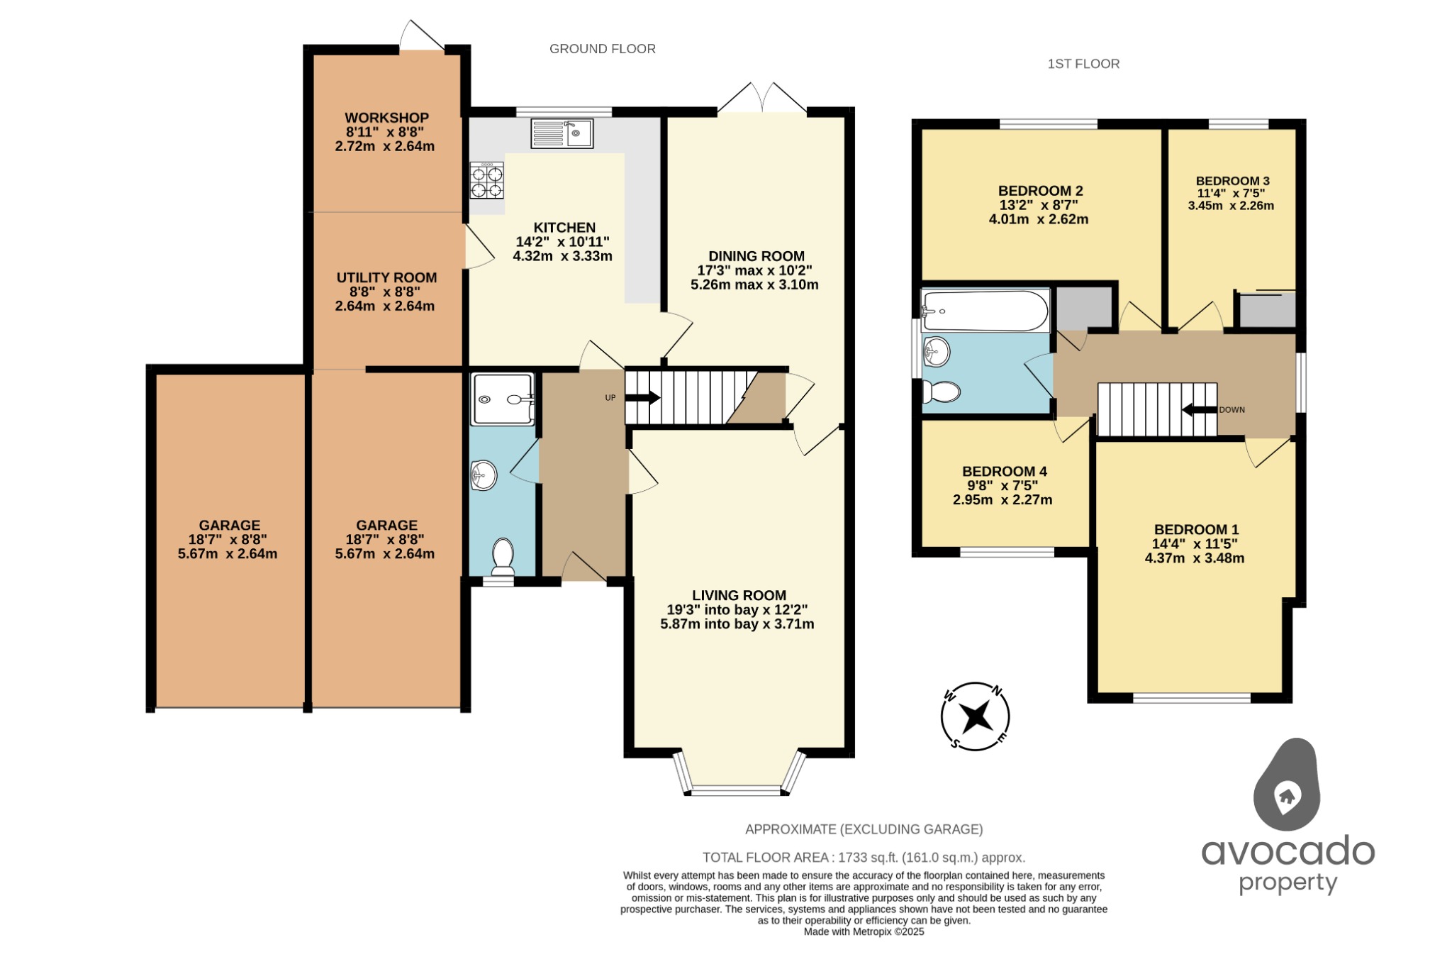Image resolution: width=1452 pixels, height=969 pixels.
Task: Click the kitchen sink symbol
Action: (x=562, y=133)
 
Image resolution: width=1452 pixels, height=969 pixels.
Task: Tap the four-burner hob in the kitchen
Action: (x=487, y=180)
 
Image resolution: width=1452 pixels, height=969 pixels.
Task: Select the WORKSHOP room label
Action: (x=386, y=118)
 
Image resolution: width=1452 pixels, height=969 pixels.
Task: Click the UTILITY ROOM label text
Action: (x=386, y=278)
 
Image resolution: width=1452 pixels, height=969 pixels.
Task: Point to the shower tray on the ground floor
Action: (x=502, y=399)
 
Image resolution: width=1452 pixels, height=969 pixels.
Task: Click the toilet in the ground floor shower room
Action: (x=503, y=556)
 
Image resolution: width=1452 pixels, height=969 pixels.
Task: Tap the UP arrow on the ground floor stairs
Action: (x=642, y=398)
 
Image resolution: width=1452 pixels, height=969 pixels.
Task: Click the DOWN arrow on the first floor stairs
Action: (x=1200, y=410)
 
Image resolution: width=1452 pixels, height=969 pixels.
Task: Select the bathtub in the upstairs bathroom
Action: (x=985, y=311)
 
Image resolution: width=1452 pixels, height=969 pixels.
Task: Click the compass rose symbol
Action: (x=976, y=716)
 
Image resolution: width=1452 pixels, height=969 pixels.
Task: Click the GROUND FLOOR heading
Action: (x=602, y=49)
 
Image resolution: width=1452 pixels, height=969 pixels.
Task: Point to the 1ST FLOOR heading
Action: (x=1083, y=64)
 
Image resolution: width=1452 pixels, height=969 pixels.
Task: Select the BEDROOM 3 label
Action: (x=1232, y=181)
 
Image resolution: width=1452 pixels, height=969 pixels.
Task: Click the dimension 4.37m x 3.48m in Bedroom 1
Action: (x=1195, y=558)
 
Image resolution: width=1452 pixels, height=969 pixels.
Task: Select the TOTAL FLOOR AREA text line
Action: (x=864, y=858)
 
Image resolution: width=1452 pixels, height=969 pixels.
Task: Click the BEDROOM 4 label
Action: (x=1004, y=472)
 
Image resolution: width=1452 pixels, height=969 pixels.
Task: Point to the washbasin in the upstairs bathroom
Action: (x=937, y=350)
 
